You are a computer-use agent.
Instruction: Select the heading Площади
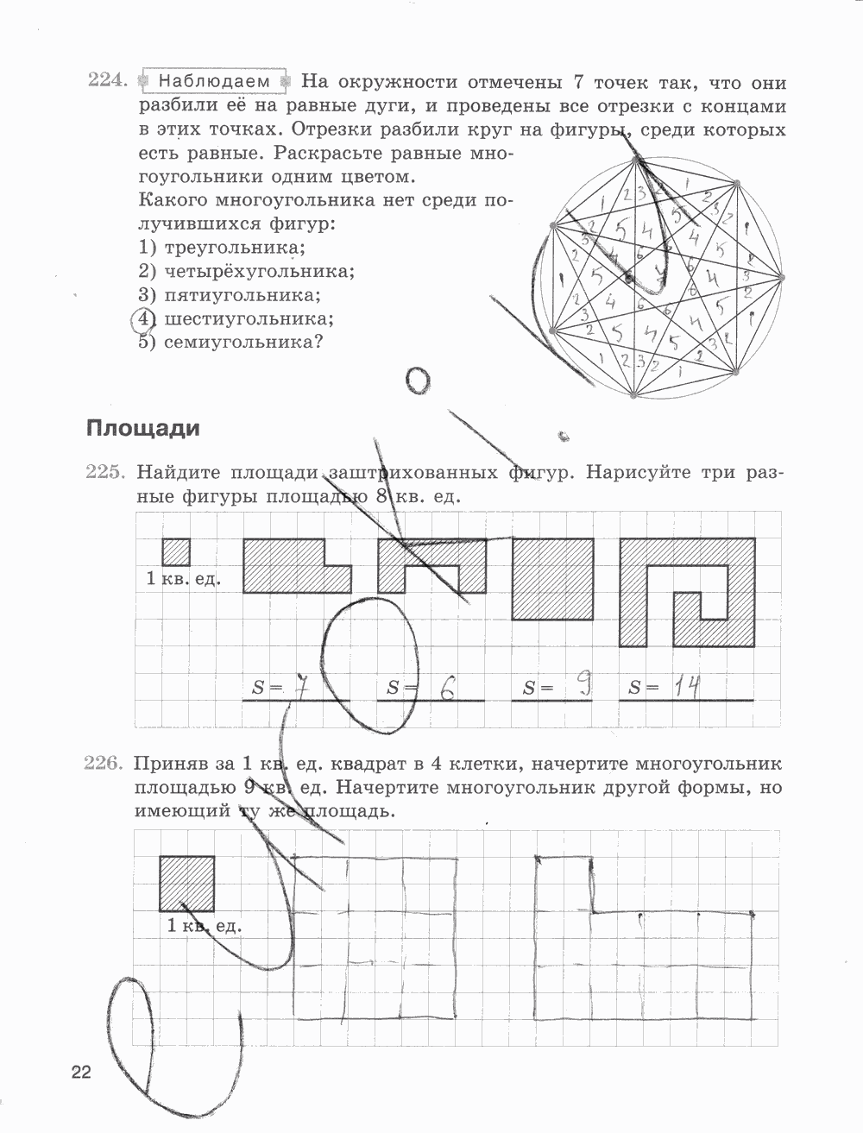(x=142, y=429)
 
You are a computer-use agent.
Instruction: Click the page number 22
(x=81, y=1073)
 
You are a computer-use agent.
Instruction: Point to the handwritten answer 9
(x=583, y=686)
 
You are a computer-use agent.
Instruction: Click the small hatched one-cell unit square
(x=175, y=552)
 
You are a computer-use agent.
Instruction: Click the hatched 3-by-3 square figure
(x=552, y=579)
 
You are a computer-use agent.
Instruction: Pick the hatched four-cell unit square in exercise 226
(x=186, y=883)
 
